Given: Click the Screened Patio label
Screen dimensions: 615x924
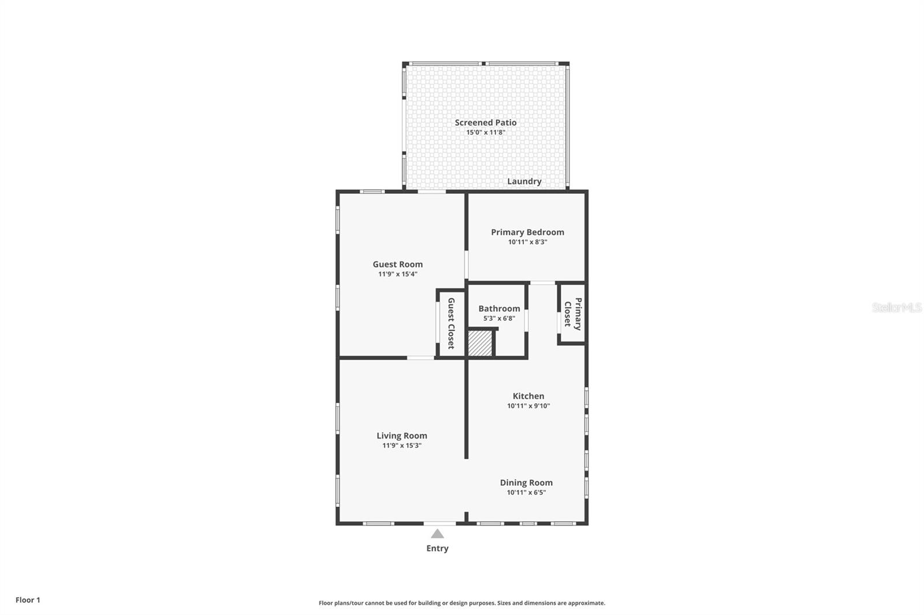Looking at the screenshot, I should (x=485, y=122).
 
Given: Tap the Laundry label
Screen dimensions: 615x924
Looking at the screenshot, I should (x=524, y=181).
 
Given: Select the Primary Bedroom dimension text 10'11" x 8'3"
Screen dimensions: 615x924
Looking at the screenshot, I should (x=527, y=242).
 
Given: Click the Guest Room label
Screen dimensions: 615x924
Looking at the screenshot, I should (x=397, y=264).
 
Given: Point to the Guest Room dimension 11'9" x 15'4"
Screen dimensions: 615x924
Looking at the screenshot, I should (x=397, y=275).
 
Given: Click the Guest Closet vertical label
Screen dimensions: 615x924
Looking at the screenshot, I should (x=451, y=323).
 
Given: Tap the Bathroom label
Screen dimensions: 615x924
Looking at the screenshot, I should (x=499, y=309).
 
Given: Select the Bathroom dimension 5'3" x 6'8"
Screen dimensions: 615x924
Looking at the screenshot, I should (x=499, y=318).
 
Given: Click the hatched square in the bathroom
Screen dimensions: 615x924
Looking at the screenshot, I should (x=479, y=343).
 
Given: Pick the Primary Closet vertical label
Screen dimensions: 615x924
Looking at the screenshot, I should (x=572, y=314).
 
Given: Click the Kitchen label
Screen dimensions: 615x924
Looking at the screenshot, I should (x=528, y=396).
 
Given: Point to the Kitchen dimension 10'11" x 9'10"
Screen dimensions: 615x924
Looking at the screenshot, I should (x=528, y=406).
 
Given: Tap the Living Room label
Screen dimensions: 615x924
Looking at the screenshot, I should (x=401, y=436).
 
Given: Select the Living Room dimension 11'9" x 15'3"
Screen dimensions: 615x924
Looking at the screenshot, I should (x=401, y=446).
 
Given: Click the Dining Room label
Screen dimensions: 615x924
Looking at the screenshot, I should (x=526, y=482).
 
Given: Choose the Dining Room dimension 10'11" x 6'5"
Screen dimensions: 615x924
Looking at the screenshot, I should (x=526, y=493).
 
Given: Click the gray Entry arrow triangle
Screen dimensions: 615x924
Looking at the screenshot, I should (x=437, y=534).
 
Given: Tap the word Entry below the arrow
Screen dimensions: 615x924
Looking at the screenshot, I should (x=437, y=549).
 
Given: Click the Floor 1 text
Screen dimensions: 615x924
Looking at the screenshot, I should (x=28, y=600).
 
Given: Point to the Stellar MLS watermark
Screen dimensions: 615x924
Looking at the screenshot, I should (x=896, y=307).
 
